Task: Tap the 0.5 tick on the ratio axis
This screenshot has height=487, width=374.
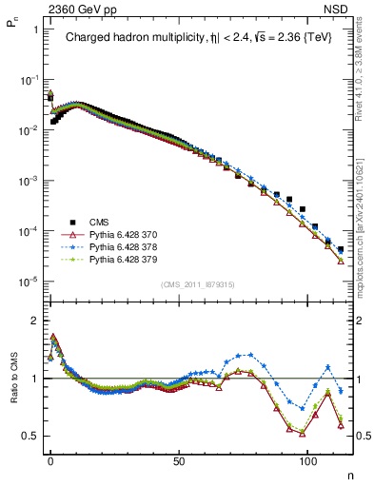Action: tap(30, 437)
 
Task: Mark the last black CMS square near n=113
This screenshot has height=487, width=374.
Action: tap(340, 249)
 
